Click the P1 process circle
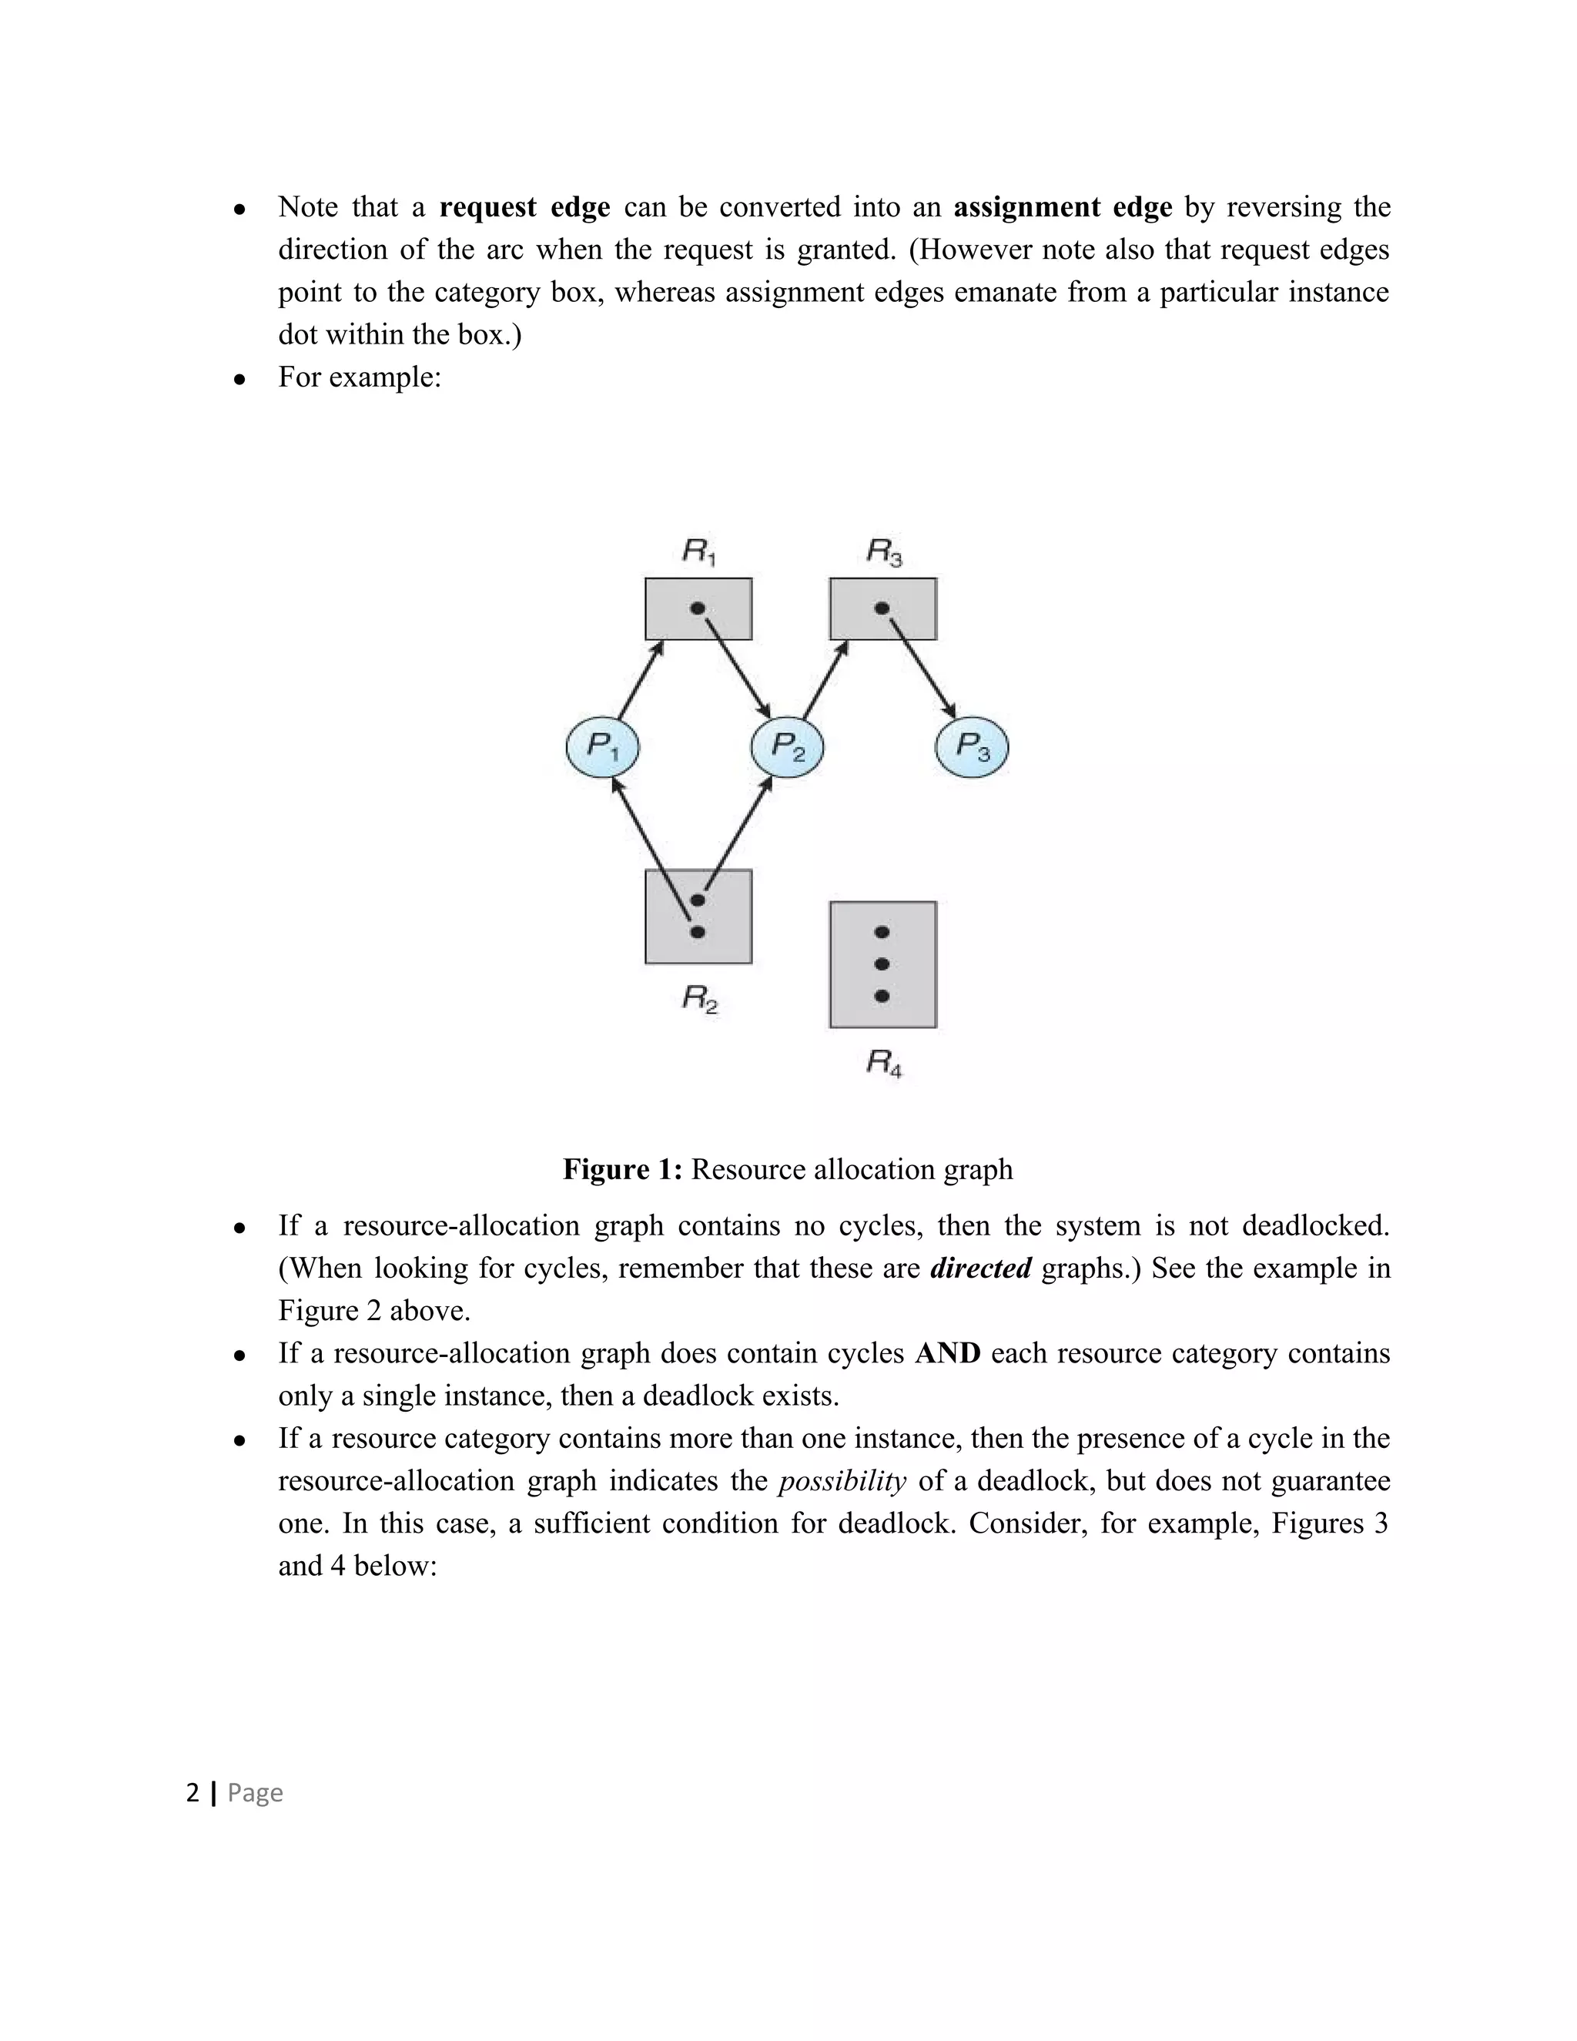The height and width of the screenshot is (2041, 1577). coord(603,746)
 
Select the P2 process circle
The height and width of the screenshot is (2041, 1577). coord(788,746)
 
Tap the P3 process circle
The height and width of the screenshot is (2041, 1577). coord(972,746)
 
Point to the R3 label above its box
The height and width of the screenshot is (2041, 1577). coord(884,552)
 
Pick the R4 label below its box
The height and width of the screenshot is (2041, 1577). coord(884,1063)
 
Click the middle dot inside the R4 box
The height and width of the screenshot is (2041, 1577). coord(882,964)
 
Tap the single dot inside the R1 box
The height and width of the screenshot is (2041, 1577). coord(697,608)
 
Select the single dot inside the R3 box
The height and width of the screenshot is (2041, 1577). coord(882,608)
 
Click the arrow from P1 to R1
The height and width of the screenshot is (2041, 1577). coord(641,680)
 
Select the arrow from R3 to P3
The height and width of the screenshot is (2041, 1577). coord(921,665)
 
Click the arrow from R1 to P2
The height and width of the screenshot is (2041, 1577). coord(736,665)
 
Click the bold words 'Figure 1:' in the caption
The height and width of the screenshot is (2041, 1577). coord(622,1169)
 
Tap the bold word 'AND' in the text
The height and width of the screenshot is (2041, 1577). coord(947,1353)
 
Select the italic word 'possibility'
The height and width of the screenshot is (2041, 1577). coord(842,1481)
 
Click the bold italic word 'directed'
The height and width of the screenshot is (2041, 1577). coord(980,1269)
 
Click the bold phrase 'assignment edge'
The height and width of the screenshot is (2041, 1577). coord(1062,206)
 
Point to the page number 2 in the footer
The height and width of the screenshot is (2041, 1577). coord(193,1792)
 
